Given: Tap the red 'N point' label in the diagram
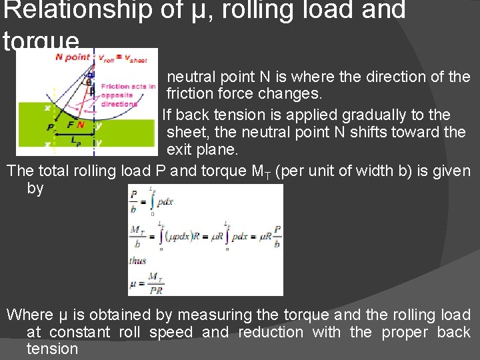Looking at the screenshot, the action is (x=69, y=57).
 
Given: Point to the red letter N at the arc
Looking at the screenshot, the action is (x=81, y=124).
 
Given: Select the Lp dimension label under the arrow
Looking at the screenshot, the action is (x=75, y=143).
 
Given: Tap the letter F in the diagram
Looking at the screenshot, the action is (x=69, y=125).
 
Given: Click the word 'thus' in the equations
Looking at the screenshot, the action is (x=137, y=261).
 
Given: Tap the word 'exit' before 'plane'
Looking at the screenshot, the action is (x=179, y=149).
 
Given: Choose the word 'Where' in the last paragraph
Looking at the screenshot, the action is (x=29, y=315).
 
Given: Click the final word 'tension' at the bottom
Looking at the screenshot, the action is (x=52, y=349).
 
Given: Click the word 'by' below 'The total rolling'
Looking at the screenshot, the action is (x=35, y=189).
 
